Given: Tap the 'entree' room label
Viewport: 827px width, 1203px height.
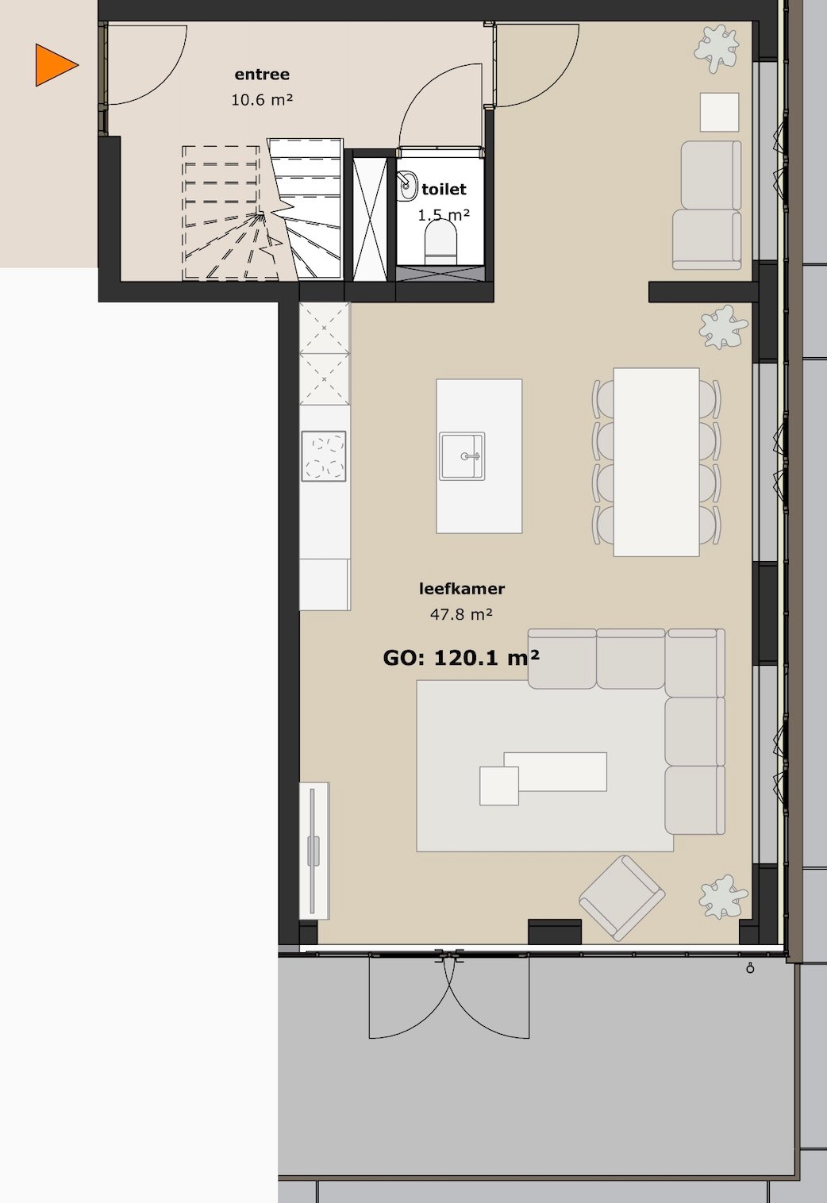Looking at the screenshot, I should [262, 75].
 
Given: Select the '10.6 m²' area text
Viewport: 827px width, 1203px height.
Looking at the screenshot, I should [262, 100].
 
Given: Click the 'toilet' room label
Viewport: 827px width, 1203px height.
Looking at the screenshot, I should [444, 189].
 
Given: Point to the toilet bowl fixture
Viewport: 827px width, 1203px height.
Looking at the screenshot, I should [441, 240].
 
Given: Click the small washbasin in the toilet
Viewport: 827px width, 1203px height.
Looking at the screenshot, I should [408, 186].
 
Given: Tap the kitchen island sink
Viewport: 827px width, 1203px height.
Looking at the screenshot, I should [463, 456].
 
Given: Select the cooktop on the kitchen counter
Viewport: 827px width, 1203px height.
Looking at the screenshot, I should [324, 455].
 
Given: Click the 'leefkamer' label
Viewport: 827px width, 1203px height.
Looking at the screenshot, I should [462, 589].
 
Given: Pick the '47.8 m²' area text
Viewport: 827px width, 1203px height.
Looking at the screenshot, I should [461, 614].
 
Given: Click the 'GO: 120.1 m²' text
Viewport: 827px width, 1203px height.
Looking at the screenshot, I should [461, 658].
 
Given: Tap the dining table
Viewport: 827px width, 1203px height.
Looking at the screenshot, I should [656, 461].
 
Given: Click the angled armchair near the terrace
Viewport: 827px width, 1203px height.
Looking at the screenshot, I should [622, 897].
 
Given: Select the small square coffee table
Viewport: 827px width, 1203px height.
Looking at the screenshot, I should [499, 786].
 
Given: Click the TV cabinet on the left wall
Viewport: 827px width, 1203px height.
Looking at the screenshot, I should [314, 850].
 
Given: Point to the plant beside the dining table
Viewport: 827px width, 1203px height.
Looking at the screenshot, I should [722, 328].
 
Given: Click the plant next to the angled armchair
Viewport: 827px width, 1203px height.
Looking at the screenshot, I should [722, 897].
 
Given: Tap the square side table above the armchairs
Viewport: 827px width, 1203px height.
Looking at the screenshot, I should [720, 112].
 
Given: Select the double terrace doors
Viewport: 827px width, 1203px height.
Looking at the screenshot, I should [449, 996].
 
